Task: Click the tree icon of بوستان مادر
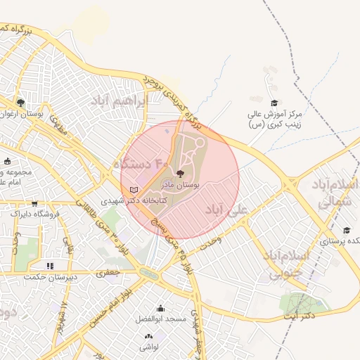click(x=179, y=173)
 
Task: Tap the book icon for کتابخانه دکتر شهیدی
click(x=134, y=190)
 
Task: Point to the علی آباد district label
click(x=226, y=210)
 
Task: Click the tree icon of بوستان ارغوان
click(x=20, y=103)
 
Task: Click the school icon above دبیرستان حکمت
click(x=49, y=266)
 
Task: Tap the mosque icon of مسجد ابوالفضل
click(x=160, y=308)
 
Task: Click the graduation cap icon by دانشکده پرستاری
click(x=346, y=230)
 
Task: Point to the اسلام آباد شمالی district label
click(x=330, y=194)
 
